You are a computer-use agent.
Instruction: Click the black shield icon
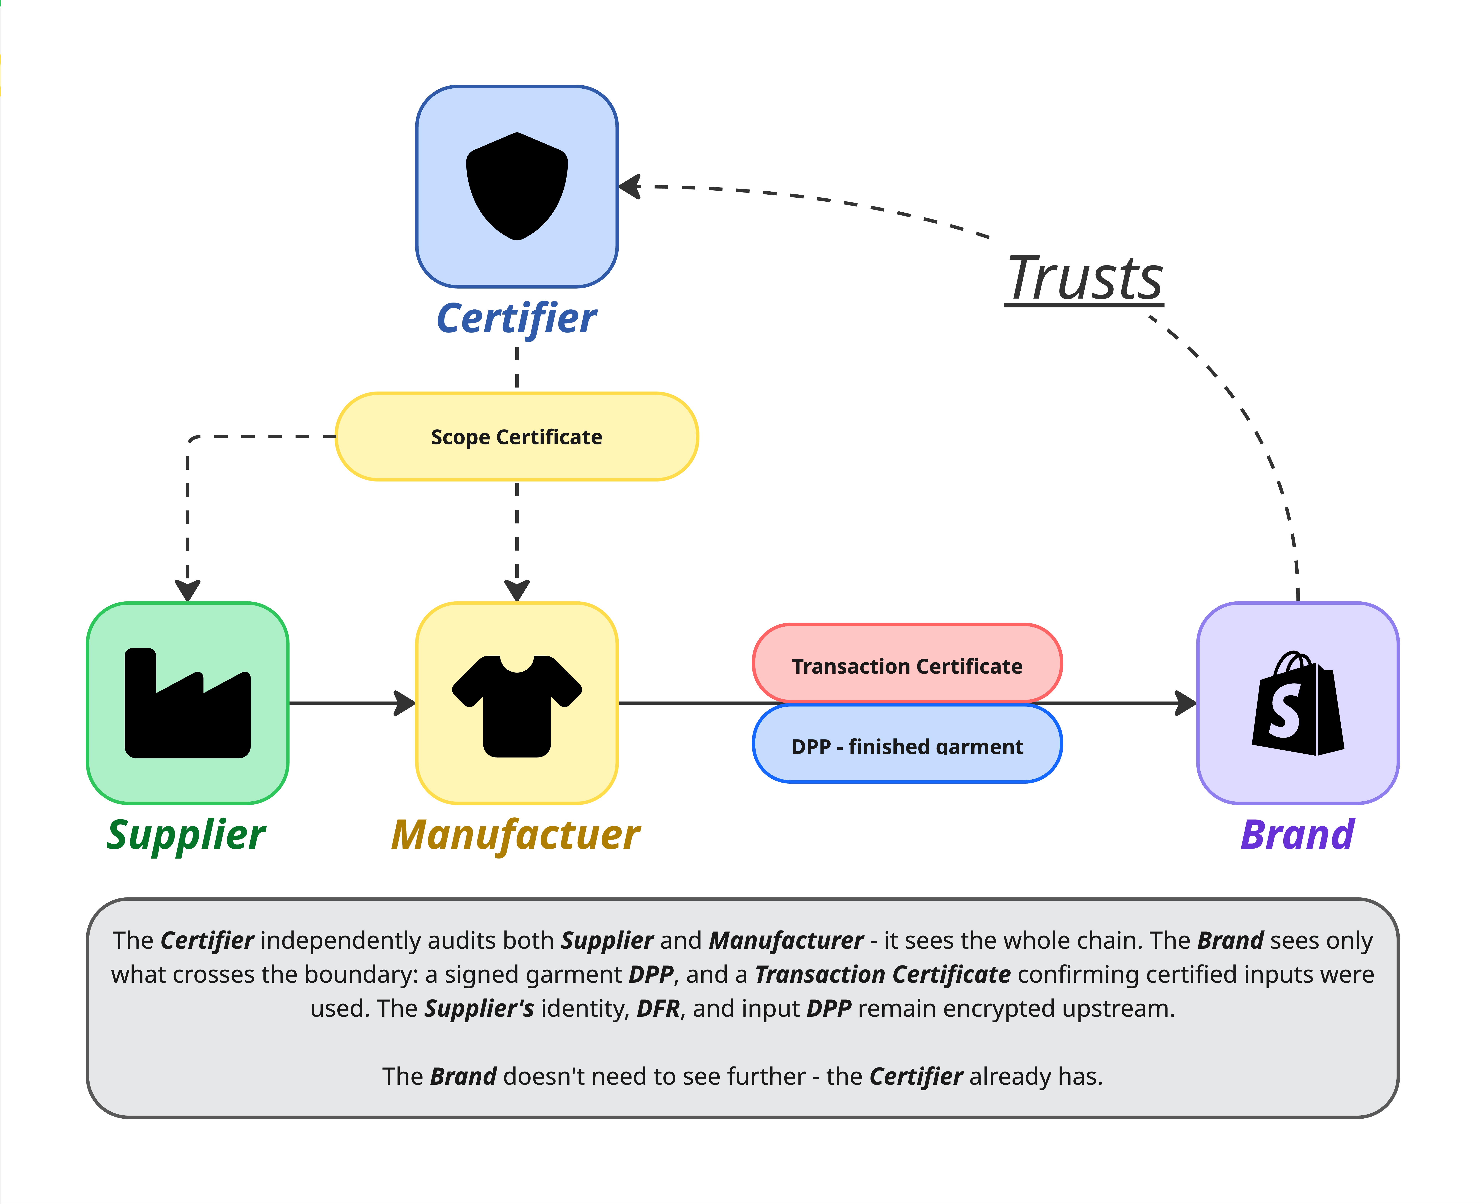pos(517,186)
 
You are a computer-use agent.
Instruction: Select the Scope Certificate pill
pos(517,437)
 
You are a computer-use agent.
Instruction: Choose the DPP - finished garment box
pos(907,746)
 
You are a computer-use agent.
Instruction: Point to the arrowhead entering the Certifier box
pos(630,187)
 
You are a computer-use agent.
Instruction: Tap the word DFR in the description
pos(658,1008)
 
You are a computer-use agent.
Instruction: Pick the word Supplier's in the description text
pos(479,1008)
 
